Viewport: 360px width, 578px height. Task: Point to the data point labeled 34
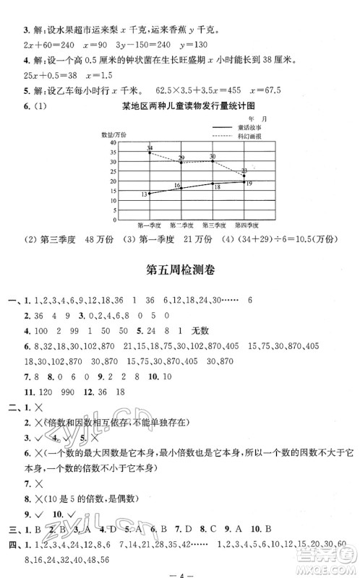[150, 152]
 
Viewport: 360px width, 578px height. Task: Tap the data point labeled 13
[150, 194]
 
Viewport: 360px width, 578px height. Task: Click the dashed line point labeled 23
[244, 176]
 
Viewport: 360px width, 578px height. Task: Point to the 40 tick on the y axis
[113, 143]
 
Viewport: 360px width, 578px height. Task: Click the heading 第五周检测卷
[181, 271]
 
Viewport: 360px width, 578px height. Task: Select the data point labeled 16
[181, 188]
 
